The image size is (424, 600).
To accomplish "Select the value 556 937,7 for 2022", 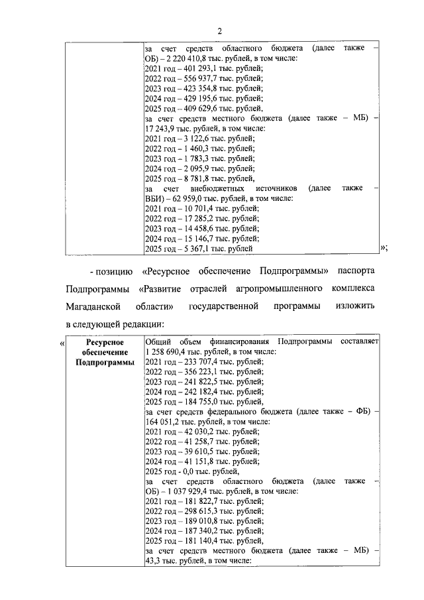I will click(200, 78).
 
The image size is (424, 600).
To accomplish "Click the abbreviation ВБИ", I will click(153, 198).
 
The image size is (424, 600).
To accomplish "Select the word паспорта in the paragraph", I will click(355, 272).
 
